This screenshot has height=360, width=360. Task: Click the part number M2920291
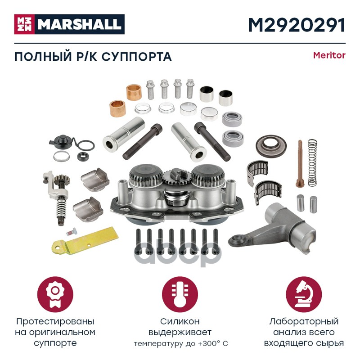pos(297,25)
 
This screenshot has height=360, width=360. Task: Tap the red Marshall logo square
pos(24,24)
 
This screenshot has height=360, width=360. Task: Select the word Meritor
pos(329,55)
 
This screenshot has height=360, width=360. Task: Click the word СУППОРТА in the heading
pos(137,57)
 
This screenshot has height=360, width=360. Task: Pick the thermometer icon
pos(180,295)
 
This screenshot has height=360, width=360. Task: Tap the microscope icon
pos(304,295)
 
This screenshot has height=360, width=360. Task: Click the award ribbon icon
pos(55,295)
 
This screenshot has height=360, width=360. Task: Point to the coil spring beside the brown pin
pos(312,163)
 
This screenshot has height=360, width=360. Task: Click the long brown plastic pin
pos(300,163)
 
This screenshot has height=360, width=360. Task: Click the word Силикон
pos(180,321)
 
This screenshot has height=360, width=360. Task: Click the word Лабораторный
pos(304,321)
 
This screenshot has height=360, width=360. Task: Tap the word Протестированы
pos(55,321)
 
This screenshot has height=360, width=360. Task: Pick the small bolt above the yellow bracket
pos(71,232)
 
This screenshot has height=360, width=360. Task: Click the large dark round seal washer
pos(271,145)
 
